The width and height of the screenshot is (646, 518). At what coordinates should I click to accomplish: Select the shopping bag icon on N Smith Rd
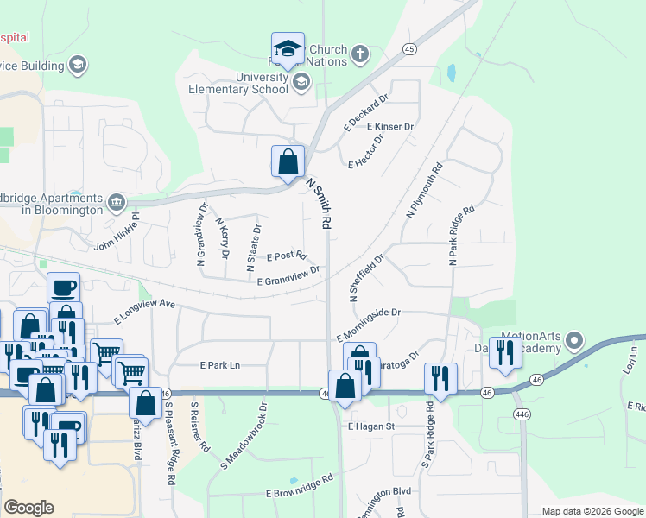(x=288, y=161)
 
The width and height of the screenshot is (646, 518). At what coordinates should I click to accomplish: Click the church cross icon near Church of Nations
(x=360, y=55)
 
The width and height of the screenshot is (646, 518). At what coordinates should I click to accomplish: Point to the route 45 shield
(x=409, y=49)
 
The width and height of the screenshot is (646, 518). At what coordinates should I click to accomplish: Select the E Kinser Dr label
(x=390, y=127)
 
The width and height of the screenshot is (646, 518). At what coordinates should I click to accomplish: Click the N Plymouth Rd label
(x=424, y=190)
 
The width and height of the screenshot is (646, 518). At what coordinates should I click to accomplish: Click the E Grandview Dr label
(x=288, y=275)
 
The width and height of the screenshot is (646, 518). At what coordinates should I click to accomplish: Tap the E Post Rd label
(x=287, y=256)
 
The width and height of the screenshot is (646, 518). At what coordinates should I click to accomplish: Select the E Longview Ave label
(x=145, y=311)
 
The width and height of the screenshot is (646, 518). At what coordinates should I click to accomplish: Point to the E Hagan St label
(x=371, y=426)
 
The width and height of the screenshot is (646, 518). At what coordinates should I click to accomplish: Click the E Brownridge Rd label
(x=300, y=485)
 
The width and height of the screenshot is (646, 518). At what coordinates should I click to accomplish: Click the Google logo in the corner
(x=29, y=508)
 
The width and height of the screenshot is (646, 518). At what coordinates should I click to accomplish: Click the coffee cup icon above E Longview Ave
(x=63, y=287)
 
